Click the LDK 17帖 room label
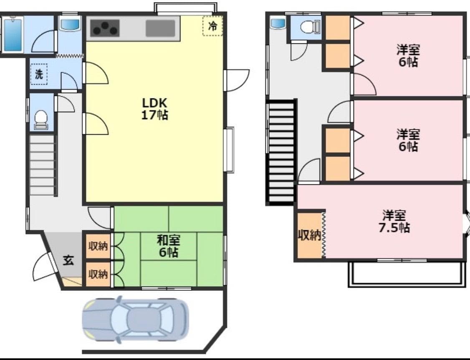(x=154, y=109)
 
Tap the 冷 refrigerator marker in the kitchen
(x=212, y=26)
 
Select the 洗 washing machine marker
(x=39, y=74)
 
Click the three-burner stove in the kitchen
(x=105, y=28)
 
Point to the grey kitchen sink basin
(x=160, y=28)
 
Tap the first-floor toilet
(x=41, y=120)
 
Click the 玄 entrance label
(x=68, y=260)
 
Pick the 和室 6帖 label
(x=169, y=246)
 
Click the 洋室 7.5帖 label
(x=394, y=222)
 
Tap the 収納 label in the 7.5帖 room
(x=310, y=235)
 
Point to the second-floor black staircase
(x=281, y=152)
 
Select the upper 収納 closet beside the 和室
(x=98, y=246)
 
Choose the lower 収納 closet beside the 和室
(x=98, y=274)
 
